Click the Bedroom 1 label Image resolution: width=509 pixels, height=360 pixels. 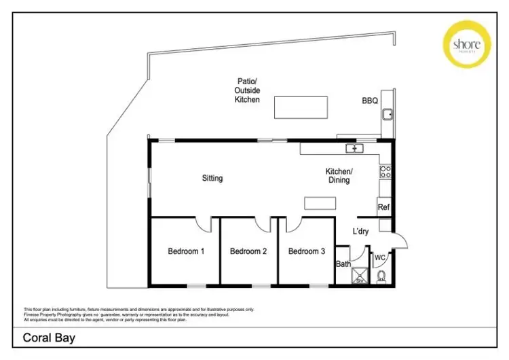click(187, 251)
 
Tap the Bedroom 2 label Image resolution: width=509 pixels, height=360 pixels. click(248, 251)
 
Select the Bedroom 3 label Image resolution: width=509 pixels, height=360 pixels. click(307, 251)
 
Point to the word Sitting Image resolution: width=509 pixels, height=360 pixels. click(212, 179)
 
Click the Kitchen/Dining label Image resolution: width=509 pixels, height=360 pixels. click(339, 176)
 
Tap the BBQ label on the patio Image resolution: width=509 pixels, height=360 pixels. click(370, 101)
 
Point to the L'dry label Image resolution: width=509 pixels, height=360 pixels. click(360, 232)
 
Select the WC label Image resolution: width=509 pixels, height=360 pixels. click(380, 257)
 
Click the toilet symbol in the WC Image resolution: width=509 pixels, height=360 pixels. click(381, 276)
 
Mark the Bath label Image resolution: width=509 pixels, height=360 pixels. click(343, 264)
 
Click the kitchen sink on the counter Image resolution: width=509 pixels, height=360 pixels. click(354, 148)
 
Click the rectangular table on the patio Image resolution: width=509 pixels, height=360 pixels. click(302, 107)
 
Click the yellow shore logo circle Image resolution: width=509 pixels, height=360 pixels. click(467, 43)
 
